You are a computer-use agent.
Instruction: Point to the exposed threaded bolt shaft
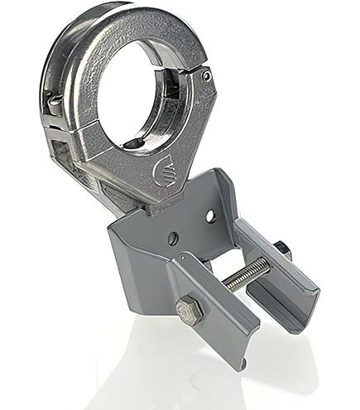tap(247, 273)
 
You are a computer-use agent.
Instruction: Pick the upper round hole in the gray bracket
tap(210, 216)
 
